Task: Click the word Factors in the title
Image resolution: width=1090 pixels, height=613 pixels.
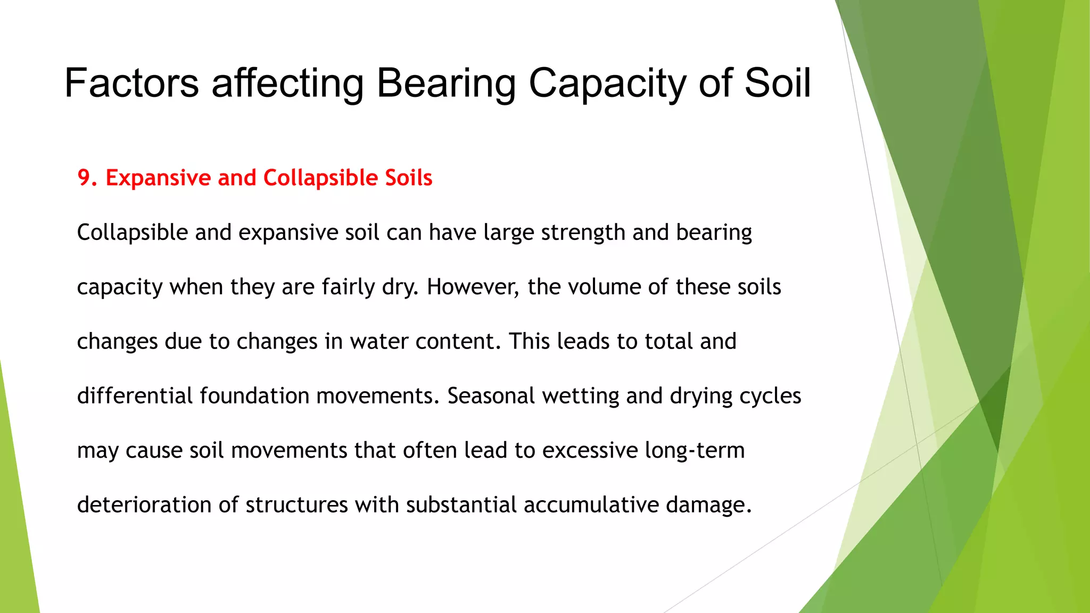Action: coord(131,84)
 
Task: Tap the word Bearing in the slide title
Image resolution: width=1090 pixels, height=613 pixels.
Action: coord(446,84)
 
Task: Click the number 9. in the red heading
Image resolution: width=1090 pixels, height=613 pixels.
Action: coord(88,178)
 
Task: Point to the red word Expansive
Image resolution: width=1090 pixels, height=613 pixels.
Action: coord(158,178)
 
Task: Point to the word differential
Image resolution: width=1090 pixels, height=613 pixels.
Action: coord(135,396)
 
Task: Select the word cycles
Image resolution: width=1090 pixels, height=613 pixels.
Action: coord(771,396)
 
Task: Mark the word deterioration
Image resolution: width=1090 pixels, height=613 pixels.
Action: coord(144,505)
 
